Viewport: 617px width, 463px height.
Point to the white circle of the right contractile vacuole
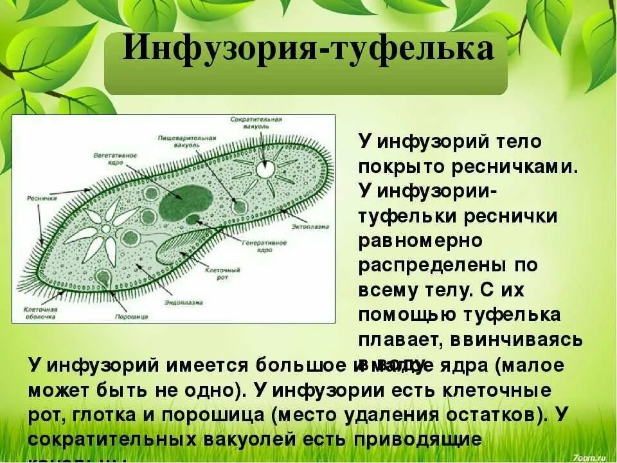coord(265,168)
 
